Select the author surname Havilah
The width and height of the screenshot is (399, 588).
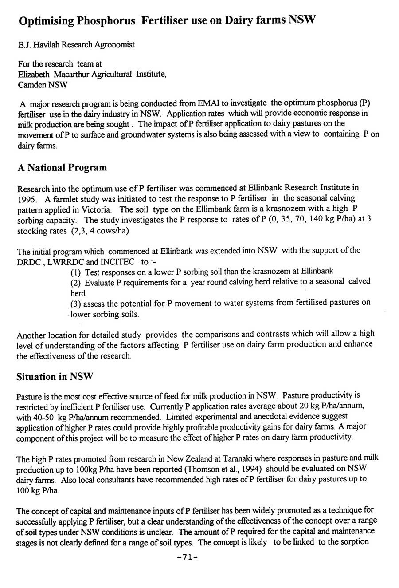[47, 45]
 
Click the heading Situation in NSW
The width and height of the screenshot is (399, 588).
[55, 377]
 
